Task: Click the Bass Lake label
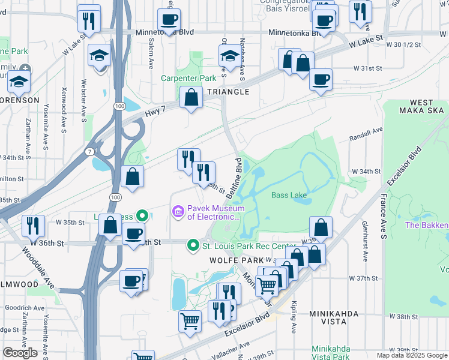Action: tap(289, 195)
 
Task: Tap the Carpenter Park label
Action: tap(188, 79)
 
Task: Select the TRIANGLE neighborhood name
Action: tap(228, 92)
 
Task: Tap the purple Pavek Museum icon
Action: tap(178, 212)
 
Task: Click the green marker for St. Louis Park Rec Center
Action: tap(193, 245)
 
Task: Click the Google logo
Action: tap(20, 353)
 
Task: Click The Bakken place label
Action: tap(426, 225)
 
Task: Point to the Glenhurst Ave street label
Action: tap(364, 240)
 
